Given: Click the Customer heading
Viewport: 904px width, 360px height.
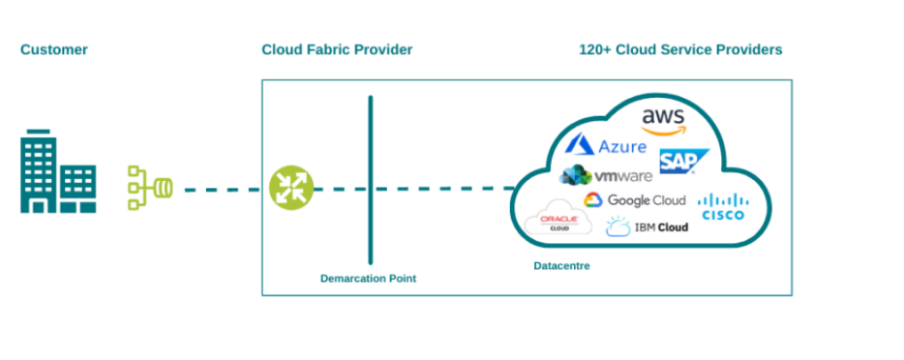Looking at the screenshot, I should pyautogui.click(x=54, y=49).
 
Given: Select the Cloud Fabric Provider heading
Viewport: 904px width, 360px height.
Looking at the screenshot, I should pyautogui.click(x=337, y=49).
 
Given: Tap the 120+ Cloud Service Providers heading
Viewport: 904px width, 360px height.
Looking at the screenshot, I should pyautogui.click(x=680, y=49).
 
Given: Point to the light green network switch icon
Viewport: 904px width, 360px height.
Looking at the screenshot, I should pyautogui.click(x=150, y=187).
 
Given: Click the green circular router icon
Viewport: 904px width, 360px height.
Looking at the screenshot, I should pyautogui.click(x=291, y=188).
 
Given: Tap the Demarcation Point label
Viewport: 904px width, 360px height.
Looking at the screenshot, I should pyautogui.click(x=369, y=279).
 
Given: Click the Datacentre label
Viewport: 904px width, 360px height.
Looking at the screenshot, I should pyautogui.click(x=561, y=265).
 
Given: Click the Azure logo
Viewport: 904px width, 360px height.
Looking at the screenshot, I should pyautogui.click(x=606, y=146).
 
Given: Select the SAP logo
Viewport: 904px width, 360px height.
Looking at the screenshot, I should pyautogui.click(x=683, y=162).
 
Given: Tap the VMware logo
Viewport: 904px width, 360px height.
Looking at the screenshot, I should pyautogui.click(x=606, y=176).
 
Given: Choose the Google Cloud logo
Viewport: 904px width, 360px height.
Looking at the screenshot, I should pyautogui.click(x=634, y=200).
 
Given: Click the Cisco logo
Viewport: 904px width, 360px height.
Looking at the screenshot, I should pyautogui.click(x=722, y=206).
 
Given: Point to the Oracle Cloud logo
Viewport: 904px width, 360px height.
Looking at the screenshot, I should pyautogui.click(x=558, y=223).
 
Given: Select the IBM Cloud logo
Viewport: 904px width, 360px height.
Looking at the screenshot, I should pyautogui.click(x=647, y=227).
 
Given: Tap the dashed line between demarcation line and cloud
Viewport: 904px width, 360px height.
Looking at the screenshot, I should pyautogui.click(x=441, y=189).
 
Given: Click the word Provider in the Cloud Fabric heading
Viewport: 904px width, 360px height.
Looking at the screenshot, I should pyautogui.click(x=381, y=49).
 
